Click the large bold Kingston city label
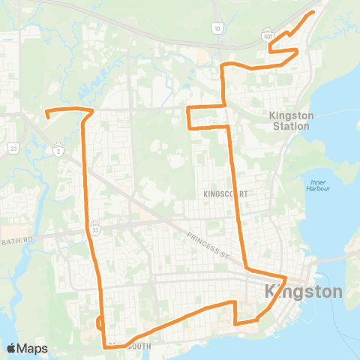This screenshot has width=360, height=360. [x=303, y=290]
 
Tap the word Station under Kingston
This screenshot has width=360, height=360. [x=292, y=126]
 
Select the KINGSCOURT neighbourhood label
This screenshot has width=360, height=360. [x=225, y=193]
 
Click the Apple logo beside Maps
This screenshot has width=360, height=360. [x=12, y=348]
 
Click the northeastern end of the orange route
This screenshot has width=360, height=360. [x=312, y=14]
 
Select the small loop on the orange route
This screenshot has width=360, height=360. [x=100, y=322]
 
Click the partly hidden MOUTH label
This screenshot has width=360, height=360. [x=136, y=346]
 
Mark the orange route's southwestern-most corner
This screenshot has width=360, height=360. [x=103, y=346]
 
